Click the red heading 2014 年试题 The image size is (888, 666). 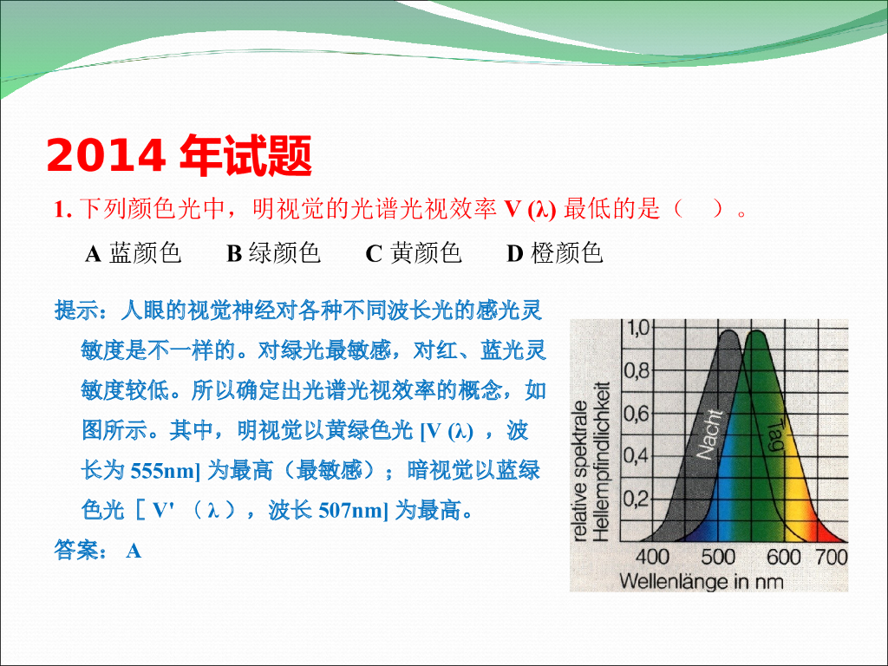click(x=179, y=156)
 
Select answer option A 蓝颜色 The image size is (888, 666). click(x=133, y=253)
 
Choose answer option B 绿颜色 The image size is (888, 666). click(x=273, y=253)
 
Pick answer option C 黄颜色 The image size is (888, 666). click(x=414, y=253)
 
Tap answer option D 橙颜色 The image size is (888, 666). click(x=554, y=253)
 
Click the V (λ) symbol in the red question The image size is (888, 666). click(x=531, y=210)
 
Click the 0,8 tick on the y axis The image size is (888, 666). click(x=637, y=371)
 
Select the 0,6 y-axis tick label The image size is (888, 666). click(x=637, y=414)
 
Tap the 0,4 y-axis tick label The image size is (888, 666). click(x=637, y=456)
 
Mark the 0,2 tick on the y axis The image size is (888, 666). click(x=637, y=499)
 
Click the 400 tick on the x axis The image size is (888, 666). click(x=652, y=557)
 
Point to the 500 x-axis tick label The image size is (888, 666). click(x=718, y=557)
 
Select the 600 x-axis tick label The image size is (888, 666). click(x=784, y=557)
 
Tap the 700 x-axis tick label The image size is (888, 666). click(x=832, y=557)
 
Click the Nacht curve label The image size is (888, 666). click(x=709, y=434)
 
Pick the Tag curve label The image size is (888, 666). click(x=775, y=434)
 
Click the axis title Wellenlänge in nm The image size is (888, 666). click(x=702, y=582)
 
